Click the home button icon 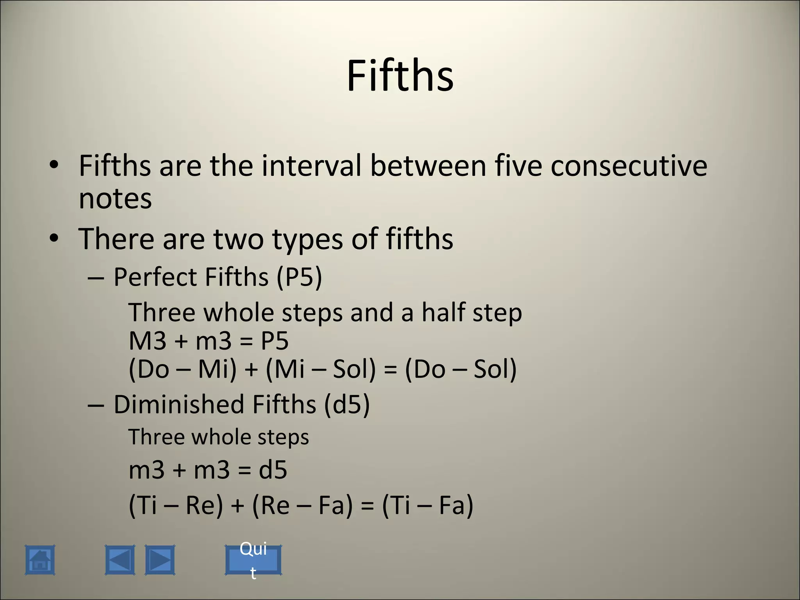click(40, 560)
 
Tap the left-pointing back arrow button click(120, 560)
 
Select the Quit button click(253, 560)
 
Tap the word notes click(115, 198)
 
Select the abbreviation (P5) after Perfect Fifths click(299, 277)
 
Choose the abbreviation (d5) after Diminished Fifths click(346, 404)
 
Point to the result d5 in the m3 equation click(273, 470)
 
